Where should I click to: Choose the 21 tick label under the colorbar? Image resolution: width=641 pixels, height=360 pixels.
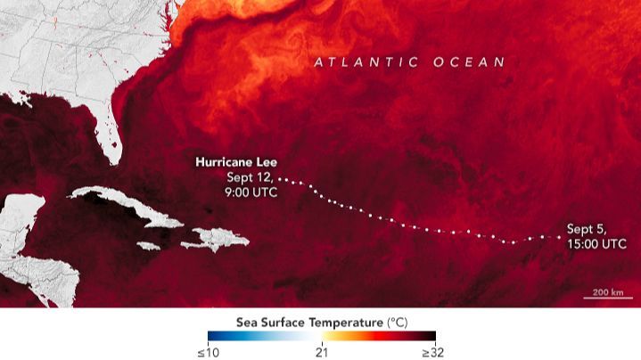point(323,351)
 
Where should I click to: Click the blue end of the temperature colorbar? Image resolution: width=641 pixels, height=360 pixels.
point(213,336)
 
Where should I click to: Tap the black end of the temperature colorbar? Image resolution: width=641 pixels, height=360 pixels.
point(431,336)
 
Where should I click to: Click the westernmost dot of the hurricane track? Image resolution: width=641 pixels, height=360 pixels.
point(280,177)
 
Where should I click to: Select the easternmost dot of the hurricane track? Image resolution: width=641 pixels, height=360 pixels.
point(559,236)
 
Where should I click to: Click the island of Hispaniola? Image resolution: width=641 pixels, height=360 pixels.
point(214,238)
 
